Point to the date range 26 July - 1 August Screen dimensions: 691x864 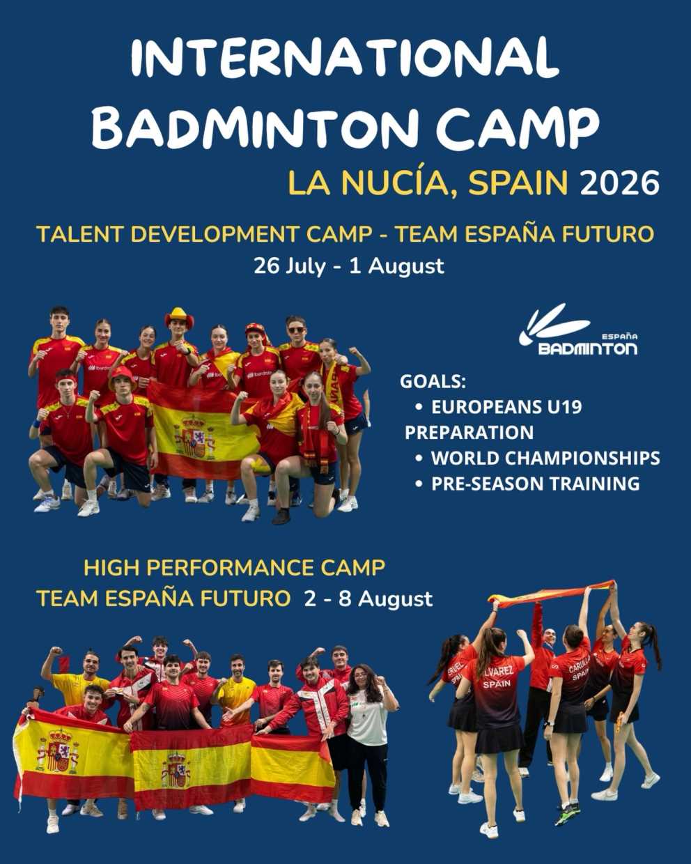[349, 265]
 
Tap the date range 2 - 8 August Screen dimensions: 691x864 [368, 599]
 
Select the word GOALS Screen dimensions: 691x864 [433, 381]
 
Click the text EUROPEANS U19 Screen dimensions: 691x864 [506, 407]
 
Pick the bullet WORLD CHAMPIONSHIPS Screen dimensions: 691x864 [545, 458]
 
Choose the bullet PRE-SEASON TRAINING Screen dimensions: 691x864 [535, 484]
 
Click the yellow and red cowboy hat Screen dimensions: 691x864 [179, 317]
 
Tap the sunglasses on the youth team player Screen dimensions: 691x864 [296, 330]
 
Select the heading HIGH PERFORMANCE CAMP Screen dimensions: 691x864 [234, 568]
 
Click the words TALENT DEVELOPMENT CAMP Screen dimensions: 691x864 [204, 234]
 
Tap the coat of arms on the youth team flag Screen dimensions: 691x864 [194, 438]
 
